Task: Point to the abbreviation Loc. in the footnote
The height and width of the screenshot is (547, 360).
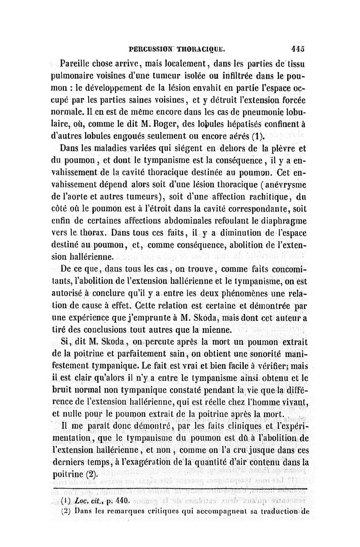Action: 80,500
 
